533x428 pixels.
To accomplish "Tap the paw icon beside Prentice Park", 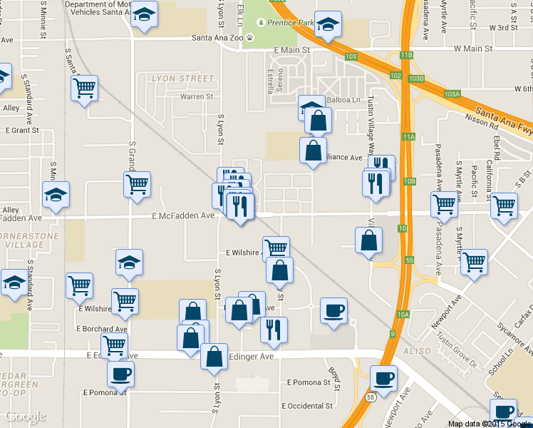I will [x=271, y=23].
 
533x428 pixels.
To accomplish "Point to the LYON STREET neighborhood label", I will [x=182, y=78].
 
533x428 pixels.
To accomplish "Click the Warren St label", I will [x=196, y=96].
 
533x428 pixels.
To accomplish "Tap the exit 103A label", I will [x=452, y=93].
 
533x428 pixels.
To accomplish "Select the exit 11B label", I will [x=406, y=55].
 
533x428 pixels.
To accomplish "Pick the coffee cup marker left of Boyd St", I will [x=333, y=311].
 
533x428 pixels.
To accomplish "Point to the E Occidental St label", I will [x=307, y=406].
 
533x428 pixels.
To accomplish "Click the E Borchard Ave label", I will [x=101, y=329].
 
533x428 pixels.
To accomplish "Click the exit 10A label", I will [x=403, y=314].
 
